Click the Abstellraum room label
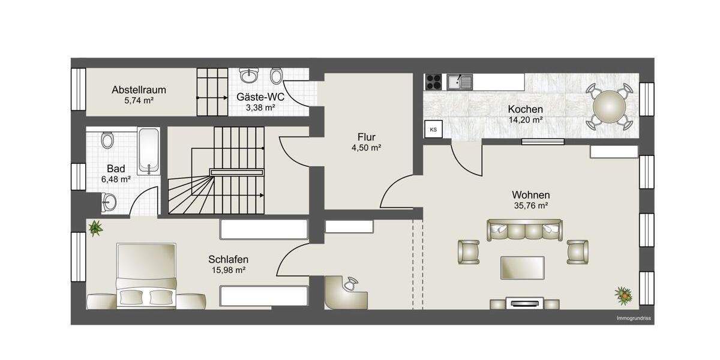[139, 90]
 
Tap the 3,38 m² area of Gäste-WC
[260, 108]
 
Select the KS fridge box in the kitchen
[433, 129]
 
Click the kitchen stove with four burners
[434, 81]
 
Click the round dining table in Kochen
[609, 107]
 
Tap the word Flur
[366, 137]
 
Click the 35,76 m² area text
[530, 205]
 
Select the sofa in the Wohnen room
[525, 231]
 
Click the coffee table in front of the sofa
[523, 267]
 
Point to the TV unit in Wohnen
[525, 303]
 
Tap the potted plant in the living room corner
[623, 294]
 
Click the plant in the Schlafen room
[95, 227]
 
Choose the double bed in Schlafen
[148, 276]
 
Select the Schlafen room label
[228, 259]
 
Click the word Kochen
[525, 109]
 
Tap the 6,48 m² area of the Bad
[117, 179]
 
